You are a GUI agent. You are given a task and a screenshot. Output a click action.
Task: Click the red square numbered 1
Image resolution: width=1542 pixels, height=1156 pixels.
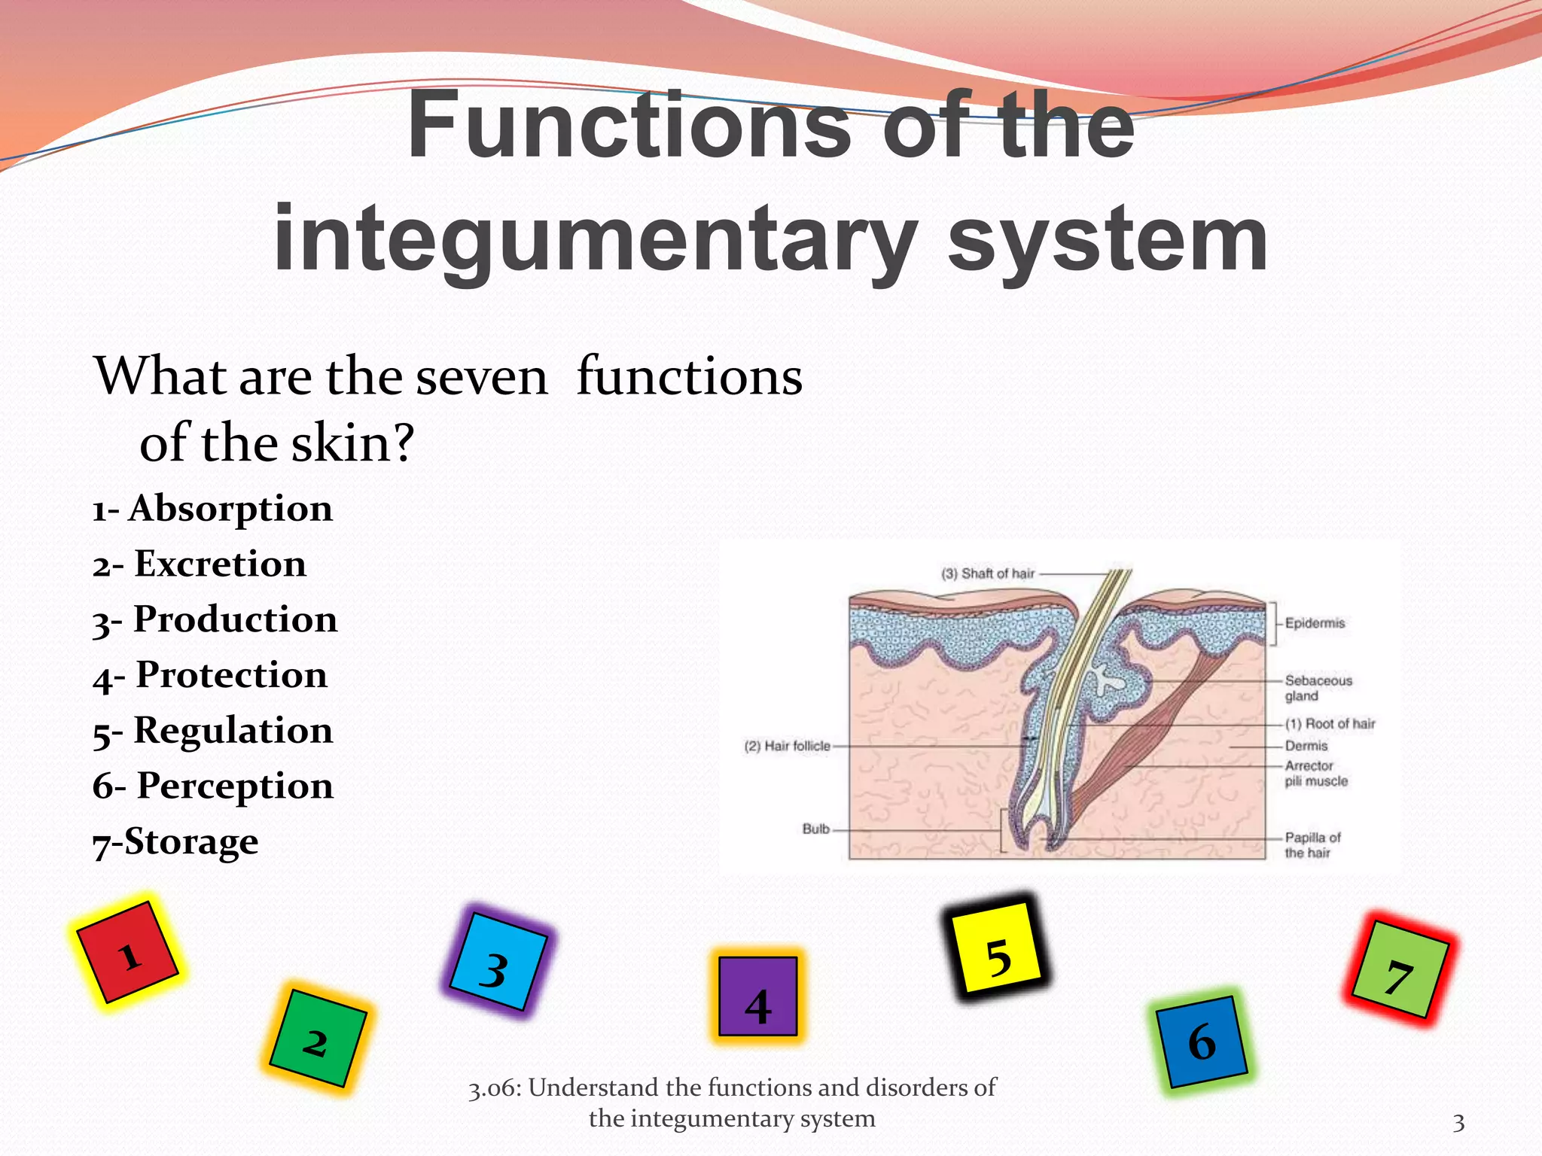point(128,953)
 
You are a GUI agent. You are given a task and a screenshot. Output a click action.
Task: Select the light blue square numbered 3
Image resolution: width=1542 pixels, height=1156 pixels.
point(497,962)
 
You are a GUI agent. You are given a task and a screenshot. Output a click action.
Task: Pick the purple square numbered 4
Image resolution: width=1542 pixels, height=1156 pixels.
point(757,996)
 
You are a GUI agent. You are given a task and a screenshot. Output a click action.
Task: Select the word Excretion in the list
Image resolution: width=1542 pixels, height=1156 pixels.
point(220,564)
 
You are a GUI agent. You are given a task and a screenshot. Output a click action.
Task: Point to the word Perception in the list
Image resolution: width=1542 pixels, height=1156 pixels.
point(235,786)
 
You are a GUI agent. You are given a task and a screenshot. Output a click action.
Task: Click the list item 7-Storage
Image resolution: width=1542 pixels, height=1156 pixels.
point(175,842)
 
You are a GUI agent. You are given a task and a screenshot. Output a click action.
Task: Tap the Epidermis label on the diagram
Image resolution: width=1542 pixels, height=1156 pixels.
point(1315,623)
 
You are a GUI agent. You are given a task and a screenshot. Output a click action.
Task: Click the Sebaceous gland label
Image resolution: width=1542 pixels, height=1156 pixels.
point(1318,688)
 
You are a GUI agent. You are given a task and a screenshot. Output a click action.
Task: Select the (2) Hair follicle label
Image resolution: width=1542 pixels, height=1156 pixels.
point(787,746)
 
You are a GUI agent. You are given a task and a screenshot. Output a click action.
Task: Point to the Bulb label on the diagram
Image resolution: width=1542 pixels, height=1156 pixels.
point(815,829)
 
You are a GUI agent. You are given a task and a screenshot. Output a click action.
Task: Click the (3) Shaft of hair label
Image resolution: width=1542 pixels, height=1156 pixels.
point(988,573)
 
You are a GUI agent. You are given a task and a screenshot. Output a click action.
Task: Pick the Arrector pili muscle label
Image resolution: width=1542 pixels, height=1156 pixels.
point(1316,774)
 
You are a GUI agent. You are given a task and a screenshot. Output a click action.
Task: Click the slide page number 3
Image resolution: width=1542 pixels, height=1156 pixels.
point(1458,1124)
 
